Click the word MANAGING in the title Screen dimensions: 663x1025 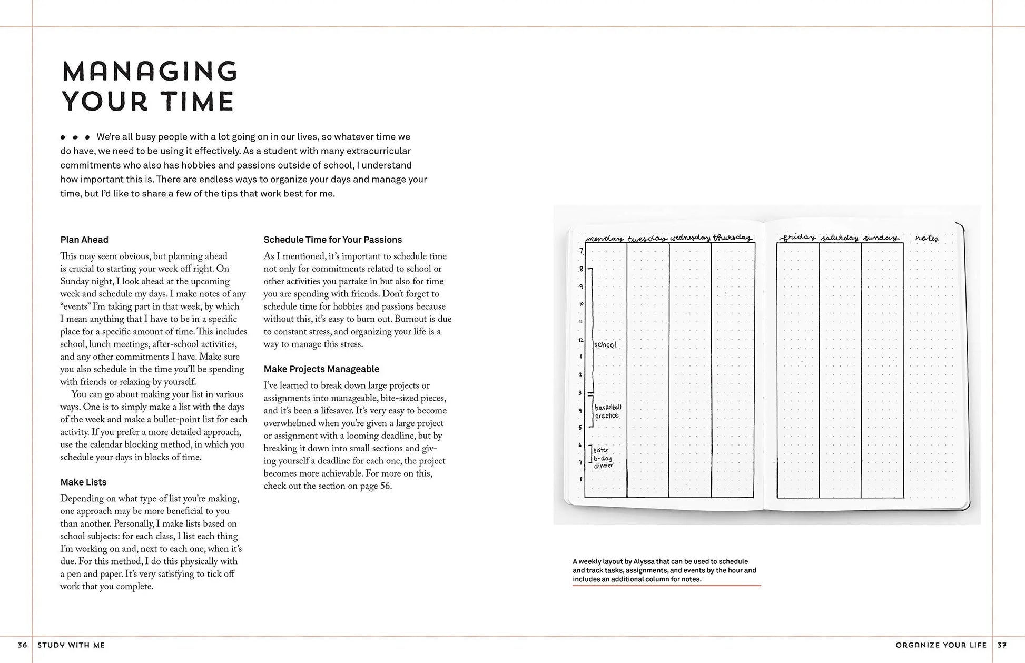coord(150,72)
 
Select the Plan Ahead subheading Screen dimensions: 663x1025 coord(84,240)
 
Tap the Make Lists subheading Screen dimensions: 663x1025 coord(83,482)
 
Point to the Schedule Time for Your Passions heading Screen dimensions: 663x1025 coord(332,240)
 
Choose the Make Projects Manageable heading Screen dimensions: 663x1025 coord(321,369)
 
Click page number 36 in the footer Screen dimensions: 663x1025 coord(22,645)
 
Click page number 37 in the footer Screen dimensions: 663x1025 coord(1002,645)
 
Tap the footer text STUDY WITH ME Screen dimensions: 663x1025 coord(71,645)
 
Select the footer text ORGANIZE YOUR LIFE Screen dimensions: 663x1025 coord(941,645)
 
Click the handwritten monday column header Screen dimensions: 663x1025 coord(604,239)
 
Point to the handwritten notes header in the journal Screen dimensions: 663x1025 coord(927,238)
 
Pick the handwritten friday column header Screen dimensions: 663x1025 coord(798,238)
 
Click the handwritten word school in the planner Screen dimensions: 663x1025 coord(605,345)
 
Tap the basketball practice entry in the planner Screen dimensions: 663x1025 coord(608,411)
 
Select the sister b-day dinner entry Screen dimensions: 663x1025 coord(603,458)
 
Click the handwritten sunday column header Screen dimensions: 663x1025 coord(881,238)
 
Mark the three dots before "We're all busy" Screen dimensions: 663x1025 coord(75,137)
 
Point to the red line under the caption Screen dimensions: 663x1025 coord(666,586)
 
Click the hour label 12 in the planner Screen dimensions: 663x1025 coord(580,340)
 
